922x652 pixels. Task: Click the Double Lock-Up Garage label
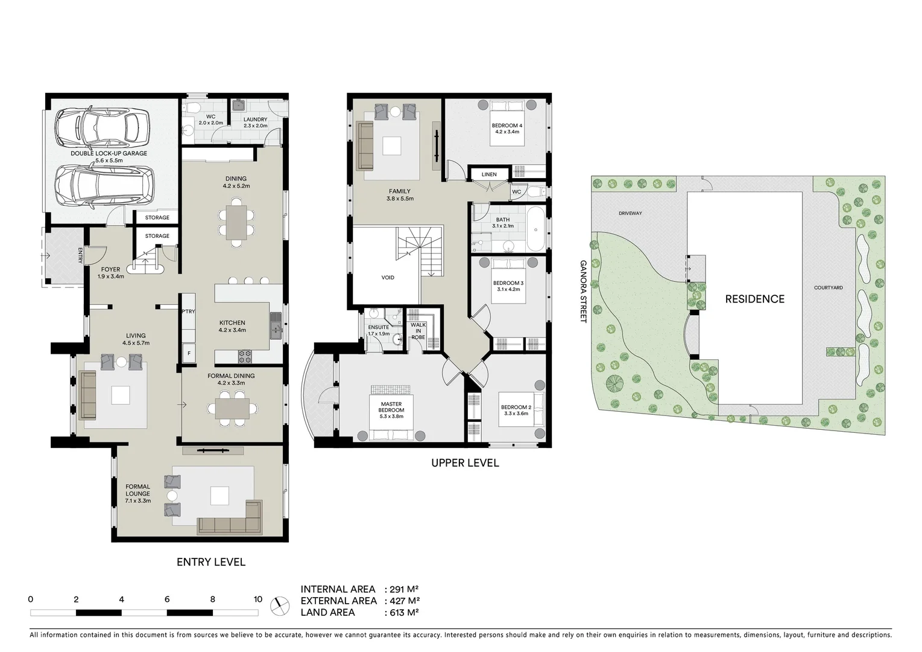[109, 153]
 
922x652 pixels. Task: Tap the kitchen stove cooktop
[245, 356]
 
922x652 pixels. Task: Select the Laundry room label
[255, 120]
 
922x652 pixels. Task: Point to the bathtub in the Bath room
[535, 229]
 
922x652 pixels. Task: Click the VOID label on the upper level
[388, 278]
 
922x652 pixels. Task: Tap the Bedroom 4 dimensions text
[507, 132]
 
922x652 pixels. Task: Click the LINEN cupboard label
[489, 174]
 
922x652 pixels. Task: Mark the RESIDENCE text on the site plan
[754, 299]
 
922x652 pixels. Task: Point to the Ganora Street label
[583, 291]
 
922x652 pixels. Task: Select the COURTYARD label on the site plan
[828, 288]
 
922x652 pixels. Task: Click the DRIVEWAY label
[630, 213]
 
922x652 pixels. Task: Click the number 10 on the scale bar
[258, 599]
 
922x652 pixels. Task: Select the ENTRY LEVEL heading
[211, 562]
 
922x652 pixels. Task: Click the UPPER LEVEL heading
[465, 463]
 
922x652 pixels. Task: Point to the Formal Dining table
[232, 409]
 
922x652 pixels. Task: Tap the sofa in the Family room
[365, 145]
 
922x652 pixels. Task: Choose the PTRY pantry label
[188, 312]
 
